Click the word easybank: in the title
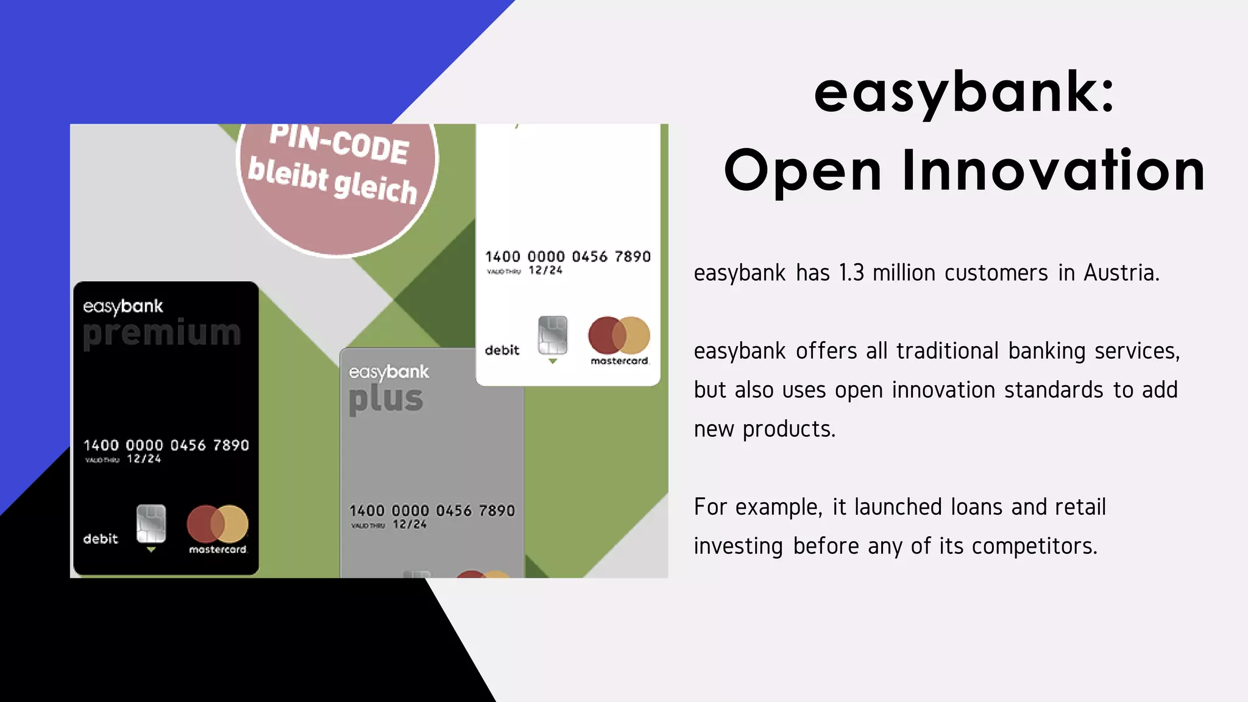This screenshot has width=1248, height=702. tap(964, 93)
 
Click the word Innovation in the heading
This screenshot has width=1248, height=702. tap(1053, 171)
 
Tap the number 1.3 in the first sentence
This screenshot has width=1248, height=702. tap(851, 273)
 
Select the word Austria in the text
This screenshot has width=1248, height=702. tap(1121, 273)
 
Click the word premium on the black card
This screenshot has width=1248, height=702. tap(162, 333)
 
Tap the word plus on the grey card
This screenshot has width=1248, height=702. tap(386, 399)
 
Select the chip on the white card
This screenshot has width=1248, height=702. tap(553, 335)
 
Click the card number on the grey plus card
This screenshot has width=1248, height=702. tap(432, 511)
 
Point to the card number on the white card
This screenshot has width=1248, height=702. tap(568, 257)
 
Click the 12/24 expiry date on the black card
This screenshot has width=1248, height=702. tap(144, 459)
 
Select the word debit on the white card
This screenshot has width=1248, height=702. tap(502, 350)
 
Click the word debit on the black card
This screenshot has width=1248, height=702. tap(101, 539)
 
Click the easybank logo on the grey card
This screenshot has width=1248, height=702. tap(389, 372)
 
